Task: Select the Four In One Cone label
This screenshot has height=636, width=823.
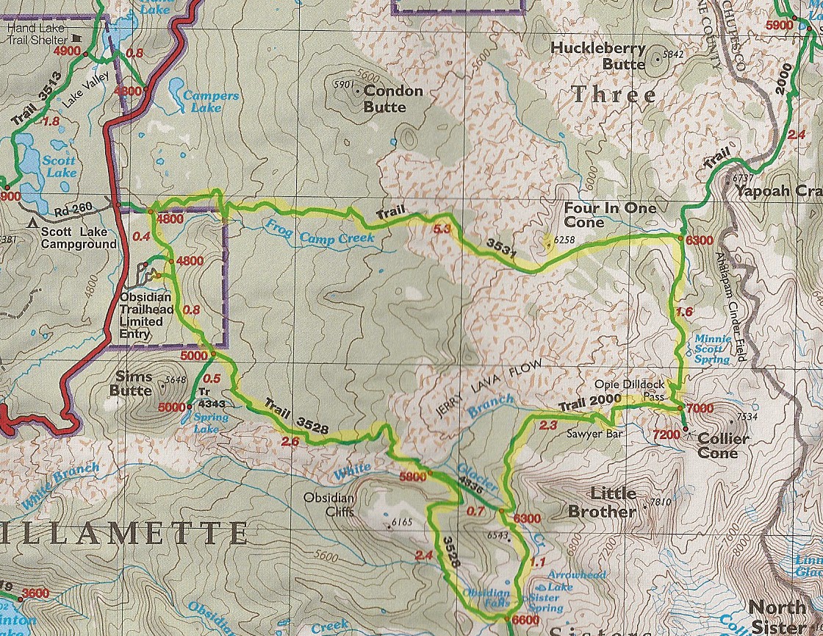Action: coord(610,215)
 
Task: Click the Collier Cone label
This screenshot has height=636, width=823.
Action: coord(722,446)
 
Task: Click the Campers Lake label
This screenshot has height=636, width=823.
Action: coord(211,101)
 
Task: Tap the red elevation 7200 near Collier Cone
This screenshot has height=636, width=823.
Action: coord(666,435)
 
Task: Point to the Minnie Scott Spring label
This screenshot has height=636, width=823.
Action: coord(713,349)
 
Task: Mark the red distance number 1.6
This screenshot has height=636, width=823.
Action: coord(683,312)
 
